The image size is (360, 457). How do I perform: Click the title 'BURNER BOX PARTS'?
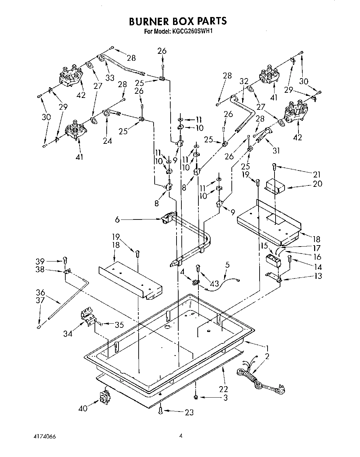[178, 21]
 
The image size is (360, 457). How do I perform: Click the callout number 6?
[117, 219]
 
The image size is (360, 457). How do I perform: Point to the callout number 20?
[317, 184]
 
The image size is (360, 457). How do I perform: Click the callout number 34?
[68, 333]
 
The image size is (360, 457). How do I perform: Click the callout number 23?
[189, 412]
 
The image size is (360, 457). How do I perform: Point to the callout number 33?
[110, 77]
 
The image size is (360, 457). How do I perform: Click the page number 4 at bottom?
[181, 436]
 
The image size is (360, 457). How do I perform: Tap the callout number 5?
[227, 265]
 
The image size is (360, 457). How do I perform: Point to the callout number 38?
[40, 269]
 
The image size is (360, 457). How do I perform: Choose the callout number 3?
[225, 398]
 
